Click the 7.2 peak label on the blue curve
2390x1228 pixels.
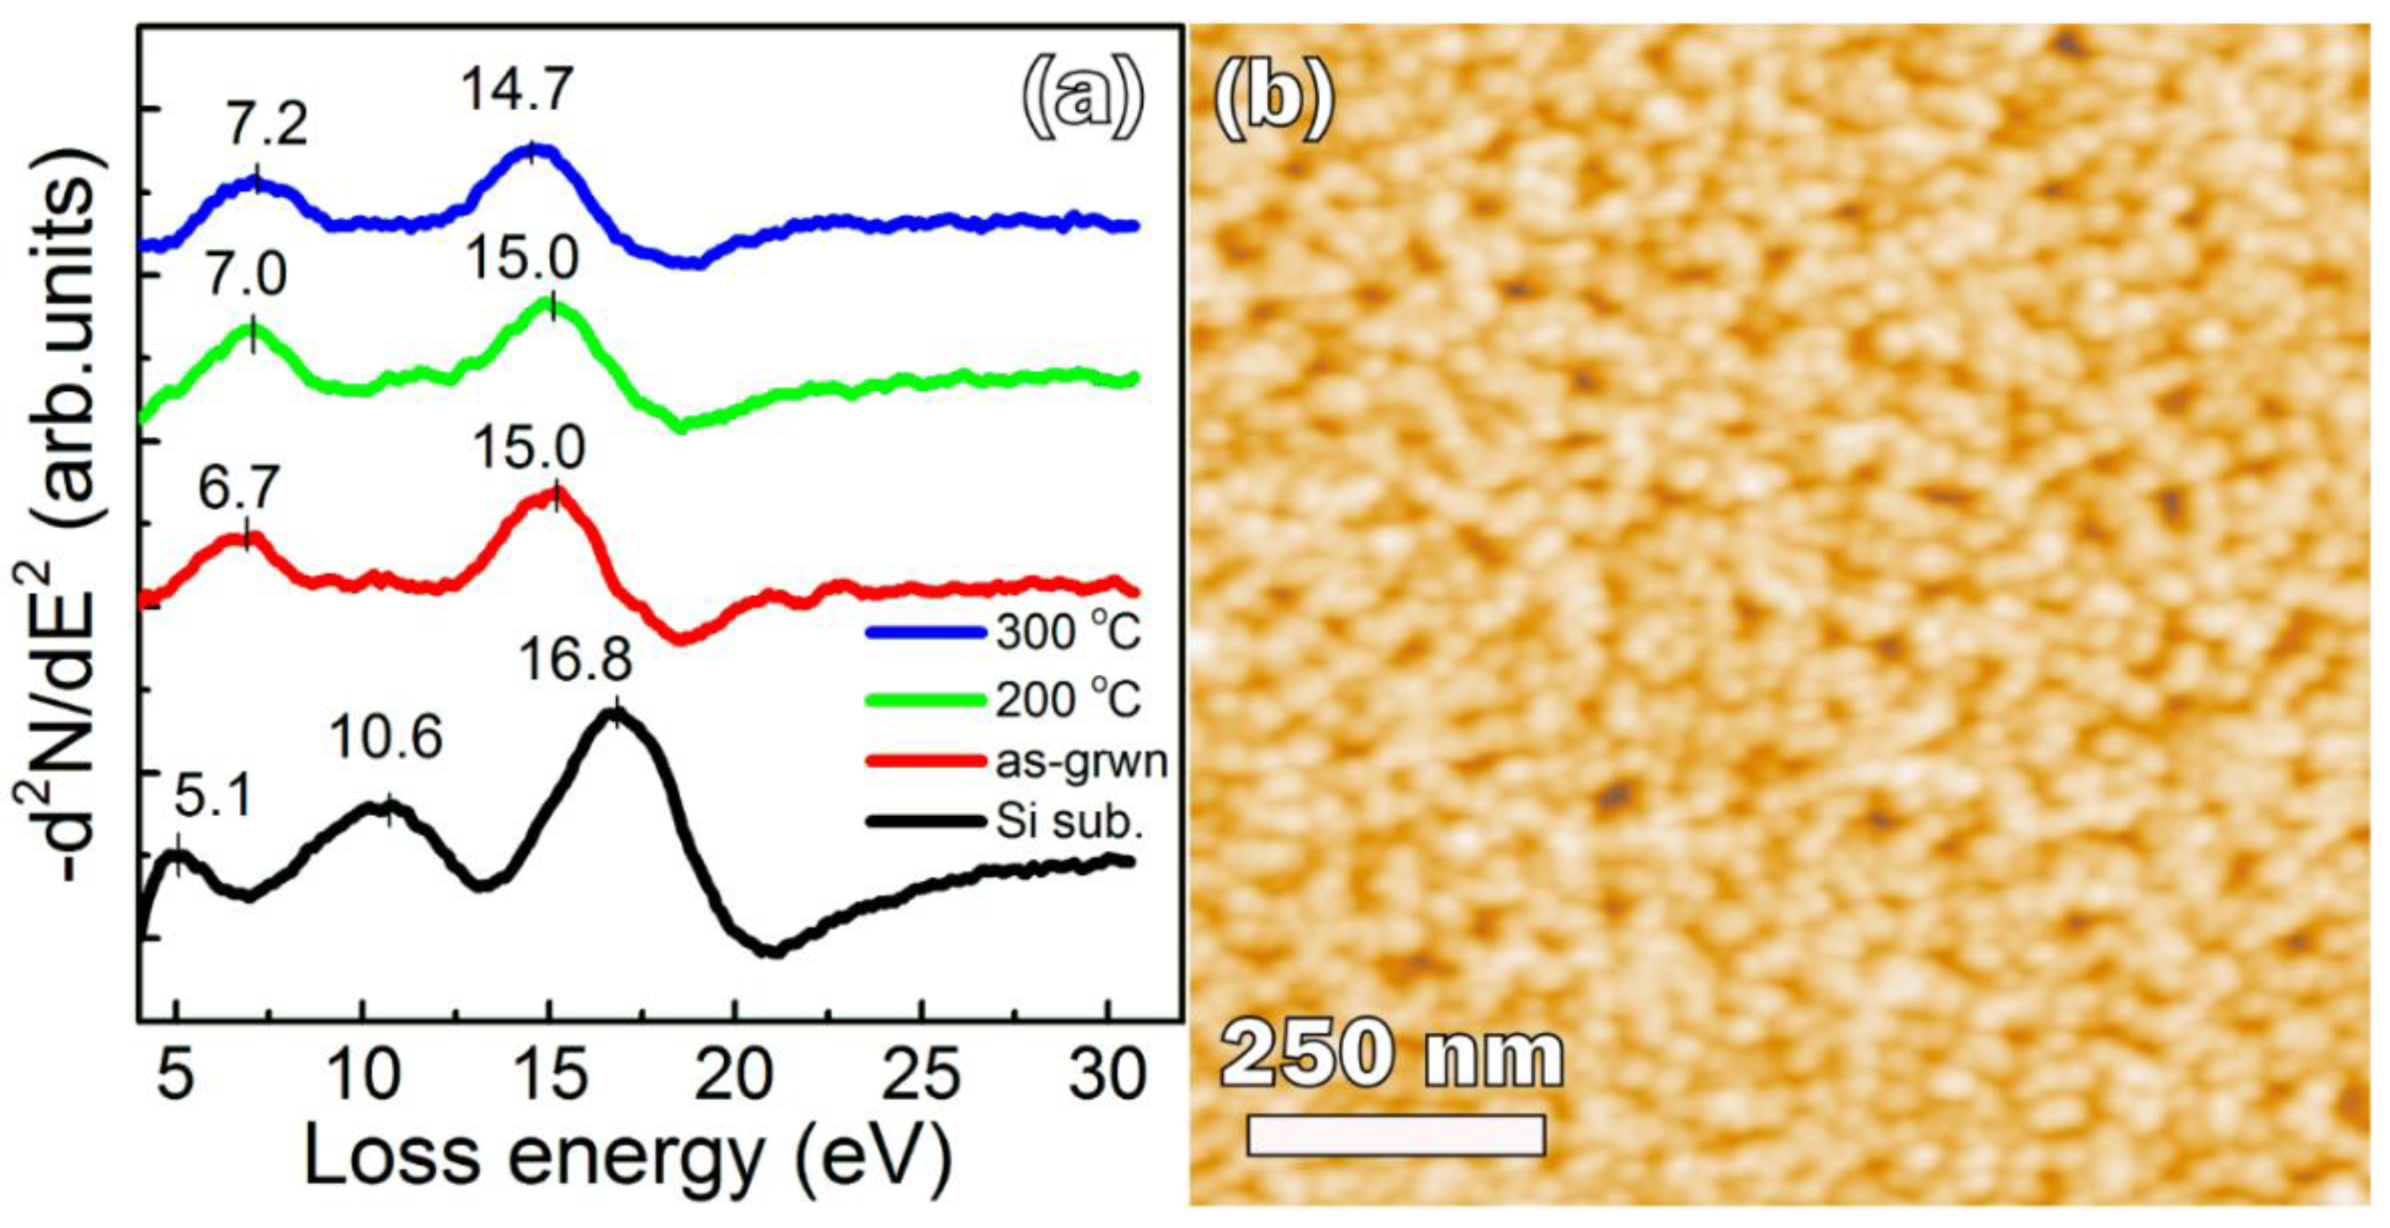click(266, 126)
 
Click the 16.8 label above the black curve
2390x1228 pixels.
click(575, 660)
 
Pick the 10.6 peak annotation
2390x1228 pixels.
click(387, 738)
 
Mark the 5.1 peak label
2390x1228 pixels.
click(212, 796)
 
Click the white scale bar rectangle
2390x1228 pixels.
click(1395, 1135)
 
